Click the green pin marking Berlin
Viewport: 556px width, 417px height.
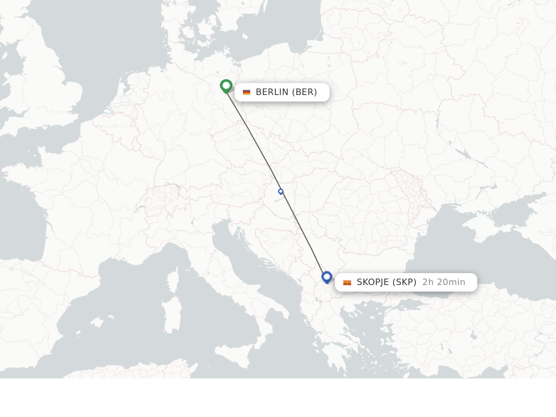pos(226,86)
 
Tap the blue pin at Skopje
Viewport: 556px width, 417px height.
pos(326,277)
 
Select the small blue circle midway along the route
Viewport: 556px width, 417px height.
pos(281,192)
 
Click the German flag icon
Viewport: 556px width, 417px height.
pos(247,92)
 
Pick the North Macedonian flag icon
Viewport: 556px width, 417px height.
pos(347,282)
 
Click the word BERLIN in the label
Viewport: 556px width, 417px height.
pos(272,92)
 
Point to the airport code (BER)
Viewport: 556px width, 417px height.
pos(305,92)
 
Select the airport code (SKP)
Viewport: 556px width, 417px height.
pos(404,282)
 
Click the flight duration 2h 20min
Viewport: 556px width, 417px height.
pos(444,282)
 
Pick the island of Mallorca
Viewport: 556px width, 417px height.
pos(98,323)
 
